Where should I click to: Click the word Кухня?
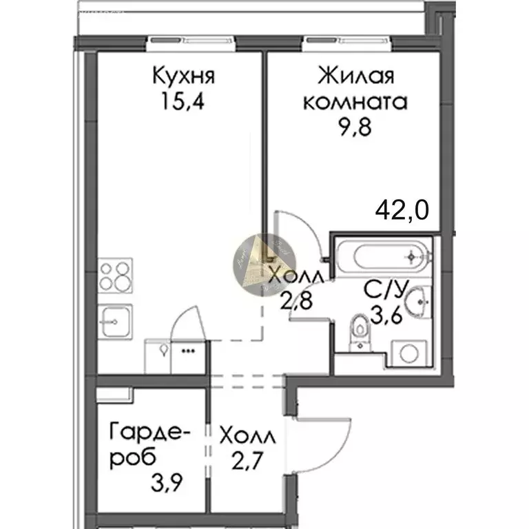pyautogui.click(x=183, y=75)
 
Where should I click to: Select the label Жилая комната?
pyautogui.click(x=355, y=88)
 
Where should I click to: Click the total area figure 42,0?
pyautogui.click(x=402, y=207)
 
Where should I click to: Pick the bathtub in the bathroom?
pyautogui.click(x=383, y=257)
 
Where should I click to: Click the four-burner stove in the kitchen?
pyautogui.click(x=115, y=275)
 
